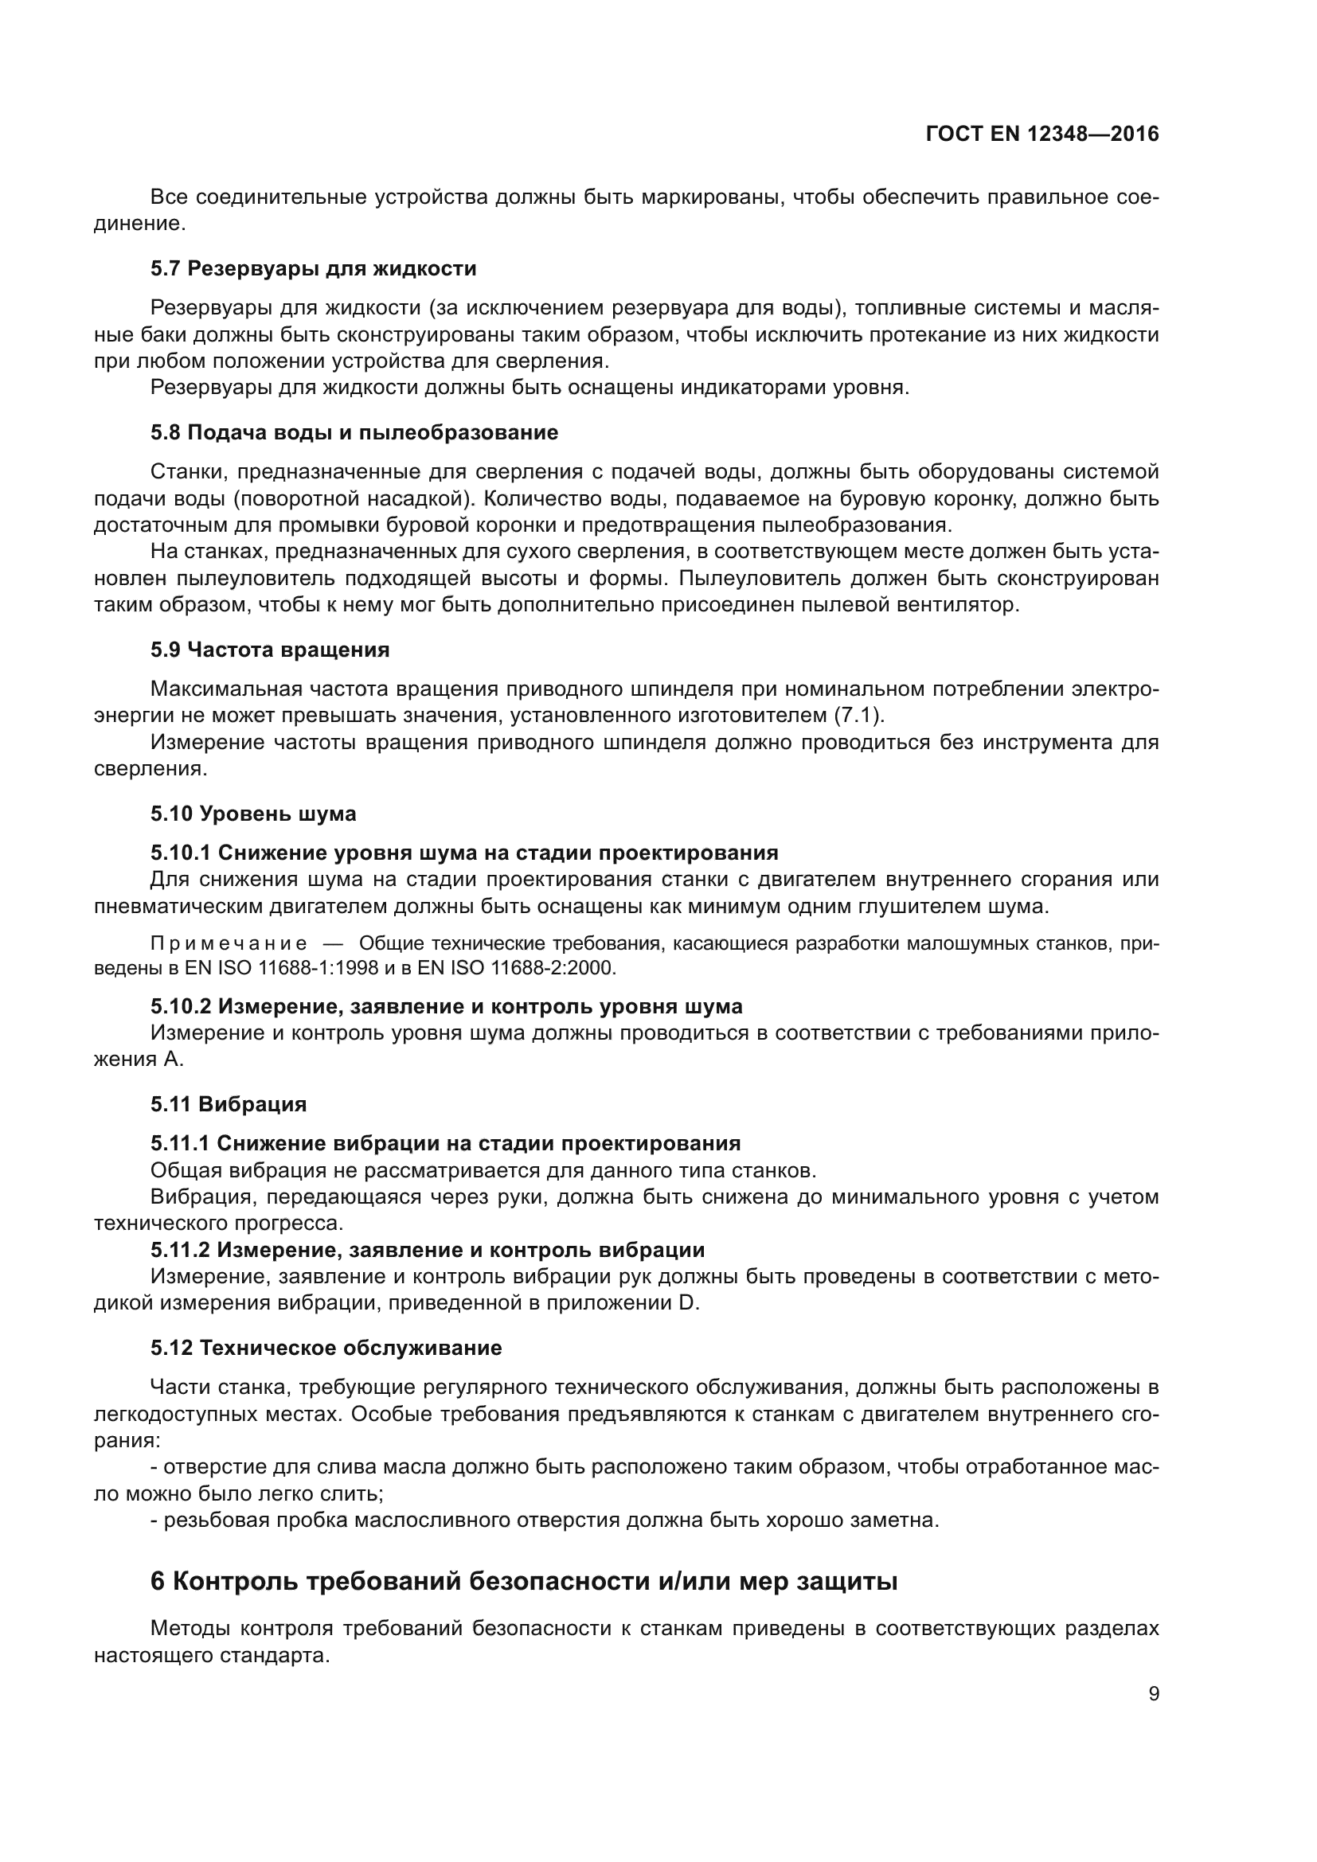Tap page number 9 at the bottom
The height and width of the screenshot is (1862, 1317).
(x=1153, y=1694)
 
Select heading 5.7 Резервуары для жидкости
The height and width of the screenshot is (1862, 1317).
(x=313, y=268)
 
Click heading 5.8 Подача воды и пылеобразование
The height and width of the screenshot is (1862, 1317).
(x=354, y=432)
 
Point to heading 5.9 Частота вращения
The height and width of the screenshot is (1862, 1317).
(x=269, y=650)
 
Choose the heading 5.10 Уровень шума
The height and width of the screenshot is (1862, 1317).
(x=253, y=814)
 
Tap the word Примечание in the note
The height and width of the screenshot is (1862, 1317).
(x=229, y=943)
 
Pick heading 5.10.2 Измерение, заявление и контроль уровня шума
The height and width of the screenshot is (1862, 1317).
(x=446, y=1006)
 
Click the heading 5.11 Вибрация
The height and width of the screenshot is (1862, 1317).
(x=228, y=1103)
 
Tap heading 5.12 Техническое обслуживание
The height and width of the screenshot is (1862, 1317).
(x=326, y=1348)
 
